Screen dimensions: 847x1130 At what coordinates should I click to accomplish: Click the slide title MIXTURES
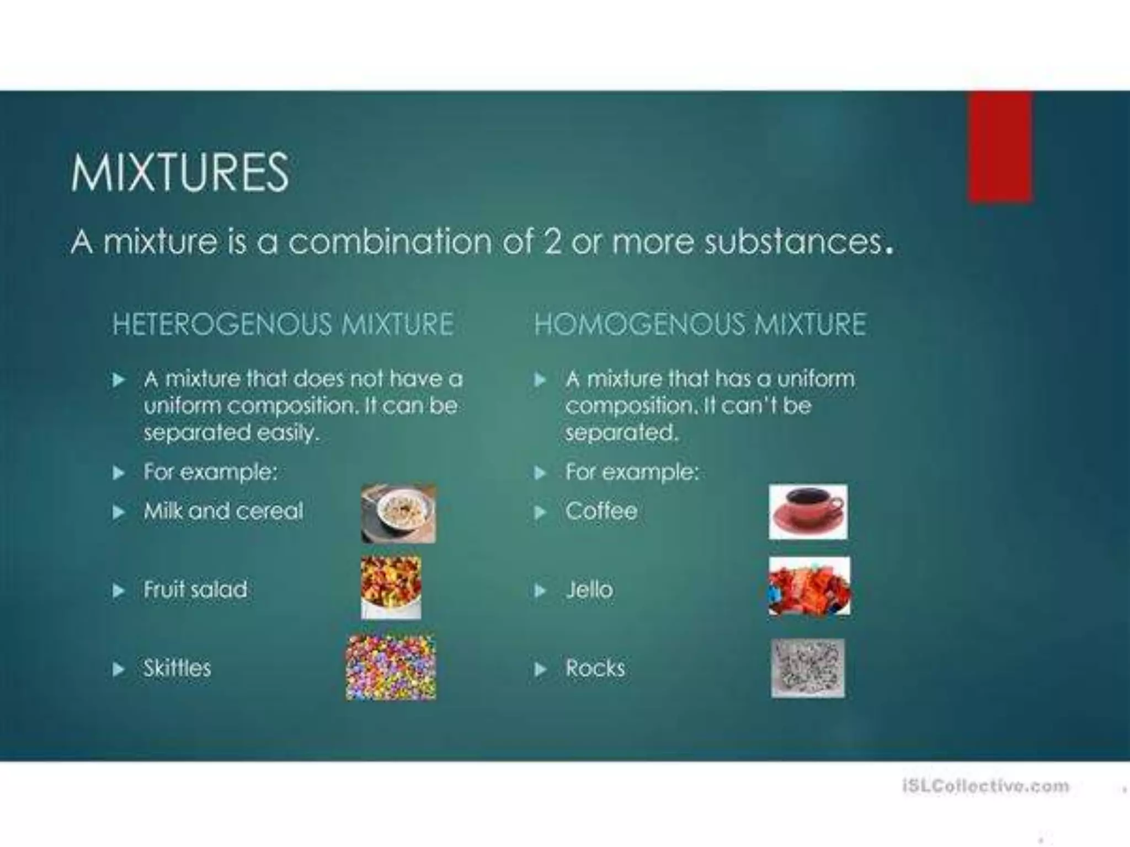tap(179, 173)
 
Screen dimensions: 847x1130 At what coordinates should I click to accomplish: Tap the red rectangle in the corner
tap(1000, 147)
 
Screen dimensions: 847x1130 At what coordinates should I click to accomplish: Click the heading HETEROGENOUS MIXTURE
tap(283, 324)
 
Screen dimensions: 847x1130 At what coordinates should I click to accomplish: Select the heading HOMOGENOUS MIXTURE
tap(700, 324)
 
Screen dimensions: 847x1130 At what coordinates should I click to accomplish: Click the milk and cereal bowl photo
tap(398, 514)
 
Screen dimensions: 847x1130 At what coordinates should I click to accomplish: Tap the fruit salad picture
tap(391, 587)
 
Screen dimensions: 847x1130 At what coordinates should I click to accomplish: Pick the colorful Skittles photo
tap(391, 668)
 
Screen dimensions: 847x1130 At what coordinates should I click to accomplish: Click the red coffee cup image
tap(808, 512)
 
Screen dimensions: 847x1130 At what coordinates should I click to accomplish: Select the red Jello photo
tap(809, 586)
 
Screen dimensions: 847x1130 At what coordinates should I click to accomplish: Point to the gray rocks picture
tap(808, 668)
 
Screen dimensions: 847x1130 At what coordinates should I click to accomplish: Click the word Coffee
tap(601, 511)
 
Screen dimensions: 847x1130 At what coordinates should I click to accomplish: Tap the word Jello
tap(589, 590)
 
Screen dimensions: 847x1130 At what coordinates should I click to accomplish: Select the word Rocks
tap(595, 668)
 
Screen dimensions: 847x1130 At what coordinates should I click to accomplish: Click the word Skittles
tap(177, 668)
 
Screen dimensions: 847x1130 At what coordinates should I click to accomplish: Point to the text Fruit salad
tap(195, 589)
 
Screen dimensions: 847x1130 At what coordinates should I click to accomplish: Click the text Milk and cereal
tap(223, 511)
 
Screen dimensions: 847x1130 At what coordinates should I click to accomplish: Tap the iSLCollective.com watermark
tap(985, 786)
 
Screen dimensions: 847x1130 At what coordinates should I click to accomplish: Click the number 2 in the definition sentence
tap(552, 242)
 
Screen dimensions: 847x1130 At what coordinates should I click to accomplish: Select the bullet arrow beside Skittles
tap(118, 669)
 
